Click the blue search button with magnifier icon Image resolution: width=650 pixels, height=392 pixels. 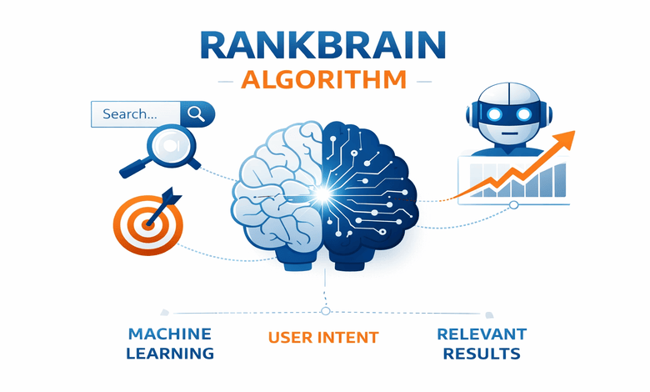197,113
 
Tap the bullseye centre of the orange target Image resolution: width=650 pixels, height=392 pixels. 148,223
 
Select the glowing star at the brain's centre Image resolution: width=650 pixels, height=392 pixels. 322,195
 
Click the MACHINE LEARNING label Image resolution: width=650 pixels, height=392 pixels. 170,343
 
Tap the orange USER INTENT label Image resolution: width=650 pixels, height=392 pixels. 323,338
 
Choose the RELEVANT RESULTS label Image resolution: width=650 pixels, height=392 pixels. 482,343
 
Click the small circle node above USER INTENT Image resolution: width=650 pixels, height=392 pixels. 324,311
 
